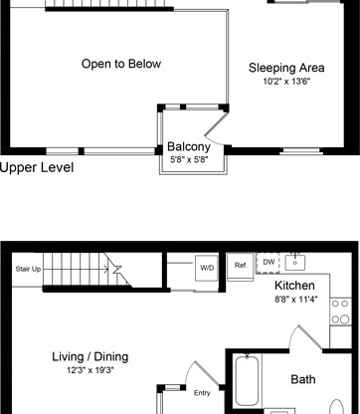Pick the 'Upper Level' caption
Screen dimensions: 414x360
coord(37,168)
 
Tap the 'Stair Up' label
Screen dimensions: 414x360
coord(28,269)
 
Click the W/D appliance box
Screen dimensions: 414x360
coord(207,268)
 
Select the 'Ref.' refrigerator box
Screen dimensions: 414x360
coord(242,266)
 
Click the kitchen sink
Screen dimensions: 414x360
coord(297,263)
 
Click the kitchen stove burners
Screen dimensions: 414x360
coord(342,310)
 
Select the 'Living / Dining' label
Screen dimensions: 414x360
coord(90,356)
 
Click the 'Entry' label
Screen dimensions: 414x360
coord(202,391)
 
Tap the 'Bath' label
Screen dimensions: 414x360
coord(303,379)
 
